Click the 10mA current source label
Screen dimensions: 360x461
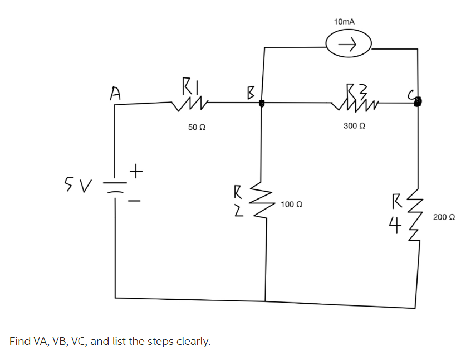(344, 21)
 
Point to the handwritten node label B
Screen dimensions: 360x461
(251, 93)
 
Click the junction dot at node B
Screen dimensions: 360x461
(262, 103)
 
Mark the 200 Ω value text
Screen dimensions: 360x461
(444, 216)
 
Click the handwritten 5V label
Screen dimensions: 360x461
(77, 181)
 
